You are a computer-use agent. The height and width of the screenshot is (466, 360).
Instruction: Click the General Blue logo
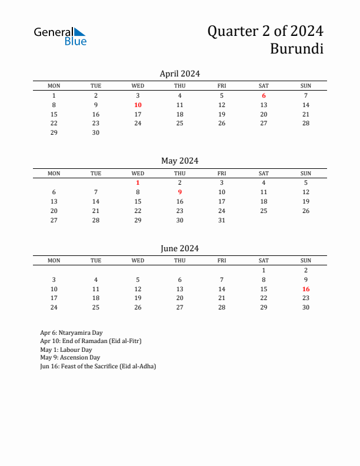(60, 36)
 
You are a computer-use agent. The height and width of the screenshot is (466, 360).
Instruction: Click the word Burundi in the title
(296, 49)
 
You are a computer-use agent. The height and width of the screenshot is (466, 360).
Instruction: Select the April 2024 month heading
(180, 74)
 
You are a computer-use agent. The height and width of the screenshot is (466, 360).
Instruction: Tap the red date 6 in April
(264, 95)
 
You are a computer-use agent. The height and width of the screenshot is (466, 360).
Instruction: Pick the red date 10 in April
(138, 105)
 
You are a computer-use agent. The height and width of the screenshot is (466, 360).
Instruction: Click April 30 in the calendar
(96, 132)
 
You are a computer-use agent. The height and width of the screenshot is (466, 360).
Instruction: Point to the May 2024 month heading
(180, 161)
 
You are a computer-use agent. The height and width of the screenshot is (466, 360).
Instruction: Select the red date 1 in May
(138, 182)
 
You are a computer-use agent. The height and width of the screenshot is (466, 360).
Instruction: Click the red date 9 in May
(180, 192)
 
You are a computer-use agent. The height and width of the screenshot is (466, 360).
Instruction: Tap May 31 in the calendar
(222, 220)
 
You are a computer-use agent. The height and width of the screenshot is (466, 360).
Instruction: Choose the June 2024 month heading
(180, 248)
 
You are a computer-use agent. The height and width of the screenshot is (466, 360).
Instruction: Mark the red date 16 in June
(306, 289)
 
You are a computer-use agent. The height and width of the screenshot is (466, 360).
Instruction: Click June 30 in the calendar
(306, 307)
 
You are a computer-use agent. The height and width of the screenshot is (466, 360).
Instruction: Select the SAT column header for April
(264, 86)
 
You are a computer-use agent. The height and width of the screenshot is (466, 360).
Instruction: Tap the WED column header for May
(138, 173)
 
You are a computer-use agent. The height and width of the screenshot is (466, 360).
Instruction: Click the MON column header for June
(54, 261)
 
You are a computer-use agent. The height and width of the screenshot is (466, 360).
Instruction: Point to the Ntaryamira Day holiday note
(71, 332)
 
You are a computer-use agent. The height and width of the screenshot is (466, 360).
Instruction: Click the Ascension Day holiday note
(70, 357)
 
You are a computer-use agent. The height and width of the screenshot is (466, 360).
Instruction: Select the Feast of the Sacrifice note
(98, 366)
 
